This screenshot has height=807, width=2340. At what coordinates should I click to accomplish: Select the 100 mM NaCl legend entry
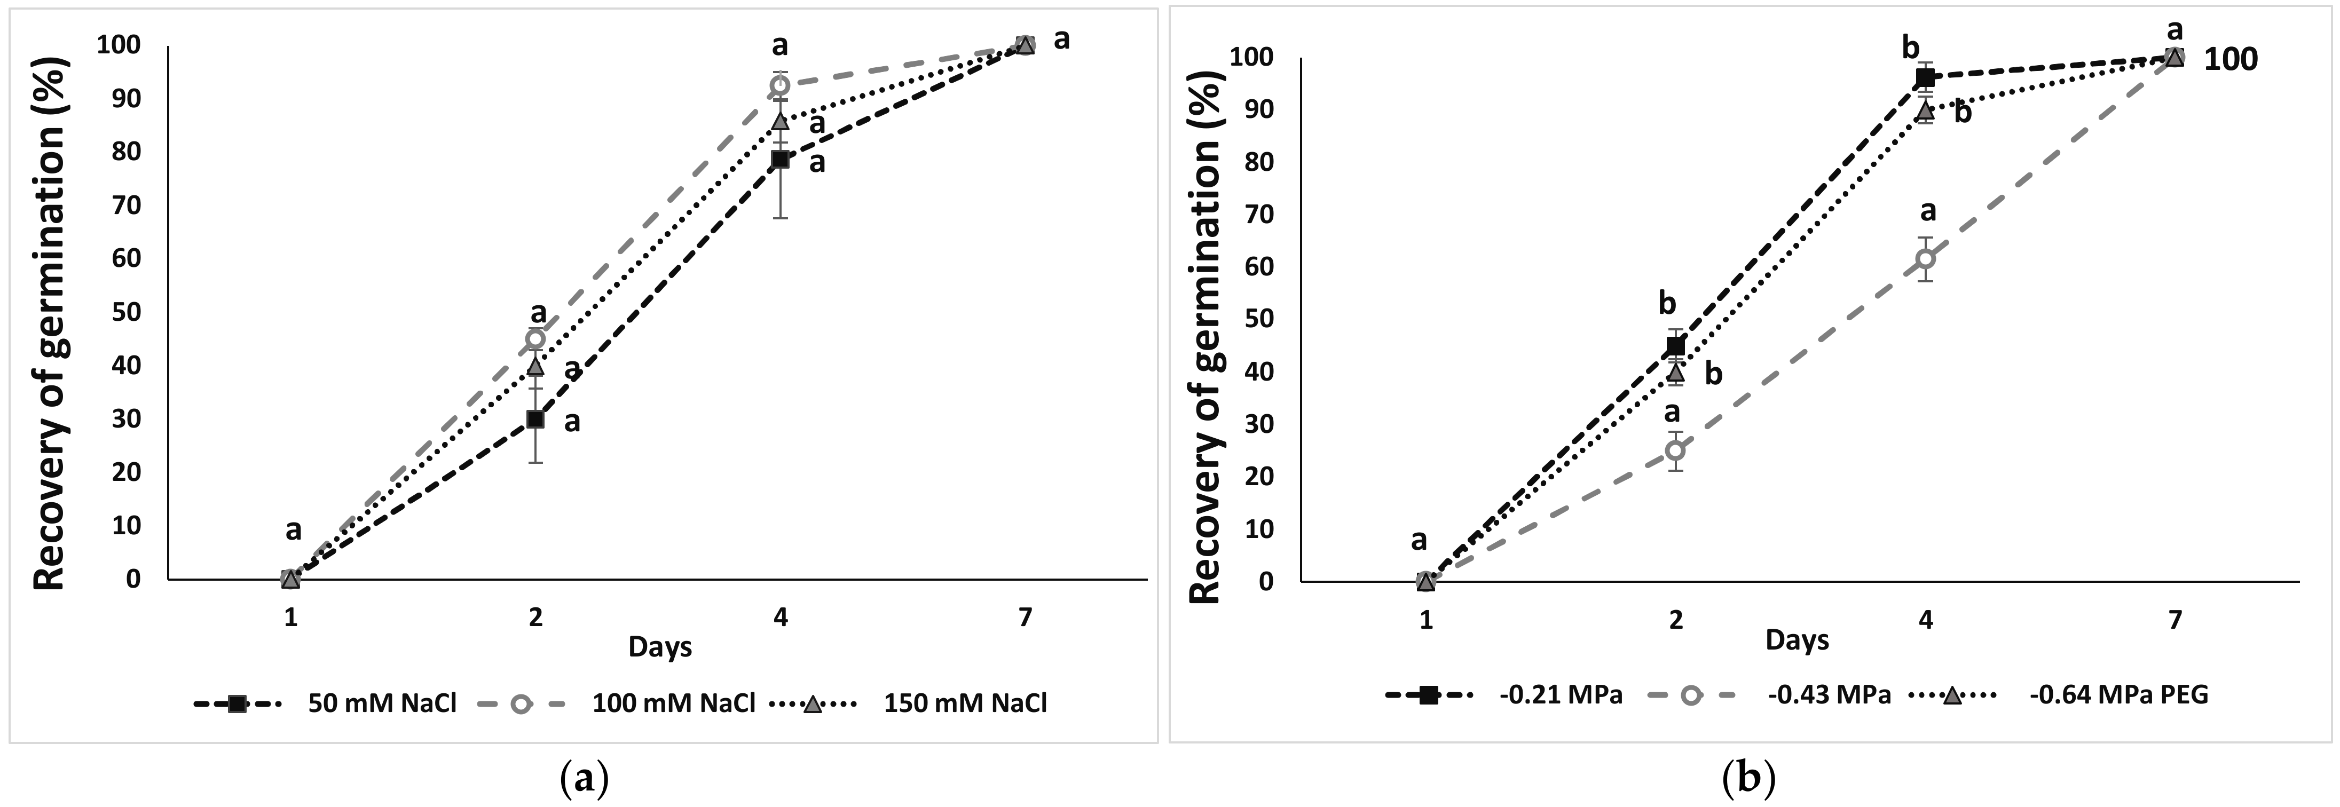tap(673, 703)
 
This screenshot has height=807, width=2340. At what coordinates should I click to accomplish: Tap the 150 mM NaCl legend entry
tap(965, 703)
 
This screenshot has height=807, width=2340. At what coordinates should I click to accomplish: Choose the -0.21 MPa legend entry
tap(1559, 695)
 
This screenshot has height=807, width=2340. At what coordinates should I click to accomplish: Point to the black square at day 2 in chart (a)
tap(536, 418)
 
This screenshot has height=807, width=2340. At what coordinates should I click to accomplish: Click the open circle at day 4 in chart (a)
tap(779, 85)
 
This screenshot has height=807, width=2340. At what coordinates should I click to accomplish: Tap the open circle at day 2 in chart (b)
tap(1676, 450)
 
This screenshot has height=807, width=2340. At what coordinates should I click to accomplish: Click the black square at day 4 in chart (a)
tap(779, 160)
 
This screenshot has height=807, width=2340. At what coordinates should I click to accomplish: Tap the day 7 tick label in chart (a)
tap(1025, 618)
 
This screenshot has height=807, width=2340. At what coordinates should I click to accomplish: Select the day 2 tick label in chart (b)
tap(1676, 620)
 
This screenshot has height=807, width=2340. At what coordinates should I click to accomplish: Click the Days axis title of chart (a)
tap(660, 647)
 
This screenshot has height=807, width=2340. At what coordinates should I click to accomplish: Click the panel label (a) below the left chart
tap(584, 778)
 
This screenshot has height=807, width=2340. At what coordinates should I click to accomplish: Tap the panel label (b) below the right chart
tap(1748, 778)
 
